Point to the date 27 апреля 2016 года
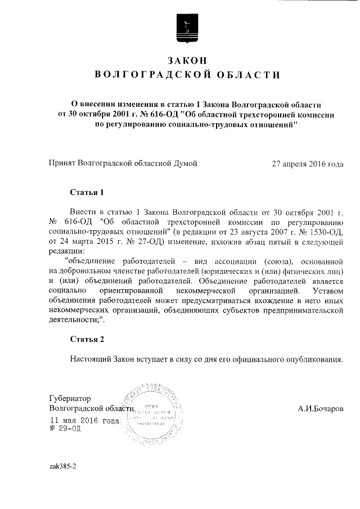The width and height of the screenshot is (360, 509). tap(307, 164)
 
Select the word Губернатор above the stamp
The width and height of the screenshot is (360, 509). tap(70, 398)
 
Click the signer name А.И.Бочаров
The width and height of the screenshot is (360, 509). tap(320, 408)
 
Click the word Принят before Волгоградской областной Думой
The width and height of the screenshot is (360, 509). tap(63, 164)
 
